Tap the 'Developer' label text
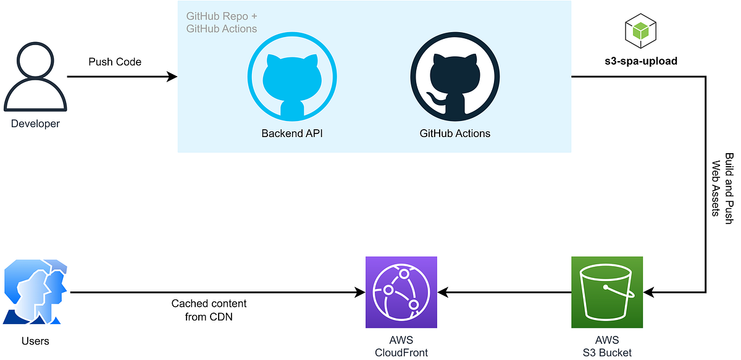click(35, 123)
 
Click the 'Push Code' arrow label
click(115, 62)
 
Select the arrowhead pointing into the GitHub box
click(172, 77)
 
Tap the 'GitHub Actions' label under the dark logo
click(455, 133)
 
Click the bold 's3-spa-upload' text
click(640, 61)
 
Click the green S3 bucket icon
click(607, 292)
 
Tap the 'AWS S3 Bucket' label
click(607, 346)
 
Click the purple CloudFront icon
click(401, 292)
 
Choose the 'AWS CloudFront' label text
click(401, 346)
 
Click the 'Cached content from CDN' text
click(209, 310)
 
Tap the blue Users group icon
click(36, 292)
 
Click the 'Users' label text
click(36, 341)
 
